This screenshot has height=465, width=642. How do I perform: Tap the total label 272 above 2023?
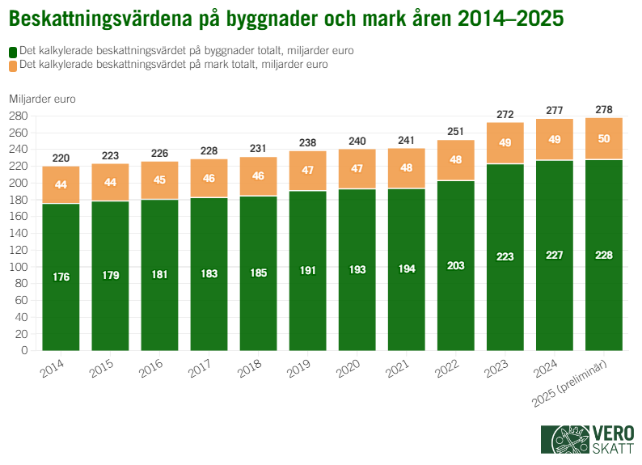[x=505, y=114]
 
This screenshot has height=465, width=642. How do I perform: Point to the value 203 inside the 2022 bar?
[x=456, y=264]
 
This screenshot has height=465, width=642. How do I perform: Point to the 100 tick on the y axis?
[x=19, y=267]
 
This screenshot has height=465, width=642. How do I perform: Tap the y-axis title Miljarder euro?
[x=42, y=99]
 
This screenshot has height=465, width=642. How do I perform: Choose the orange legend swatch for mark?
[x=13, y=65]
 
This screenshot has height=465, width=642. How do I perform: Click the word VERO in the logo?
[x=614, y=431]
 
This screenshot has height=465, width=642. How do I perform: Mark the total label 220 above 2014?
[x=61, y=158]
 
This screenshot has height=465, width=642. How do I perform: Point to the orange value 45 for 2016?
[x=159, y=180]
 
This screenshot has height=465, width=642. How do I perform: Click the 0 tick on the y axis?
[x=24, y=351]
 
